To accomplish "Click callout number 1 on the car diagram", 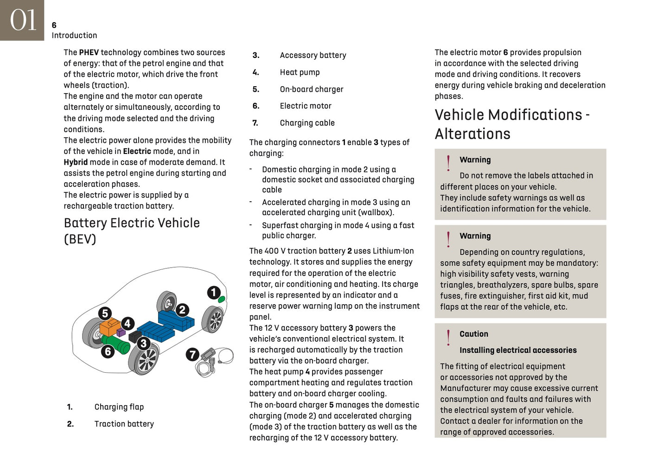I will click(x=213, y=293).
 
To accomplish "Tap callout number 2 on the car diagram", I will click(x=182, y=310).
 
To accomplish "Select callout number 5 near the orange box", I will click(x=105, y=313).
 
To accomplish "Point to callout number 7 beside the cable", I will click(x=192, y=355).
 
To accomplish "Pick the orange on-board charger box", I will click(x=109, y=327).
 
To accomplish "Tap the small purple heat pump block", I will click(x=121, y=332).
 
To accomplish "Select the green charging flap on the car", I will click(x=222, y=300).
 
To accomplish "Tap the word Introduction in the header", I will click(x=74, y=36).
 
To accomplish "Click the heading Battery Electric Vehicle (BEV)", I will click(x=132, y=230).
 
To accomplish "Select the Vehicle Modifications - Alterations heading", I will click(x=511, y=124).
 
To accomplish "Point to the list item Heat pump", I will click(x=300, y=72).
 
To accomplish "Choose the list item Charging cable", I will click(x=307, y=123).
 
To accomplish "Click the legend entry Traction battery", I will click(x=124, y=424).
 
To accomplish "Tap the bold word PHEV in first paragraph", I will click(x=89, y=52).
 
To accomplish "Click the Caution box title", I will click(x=473, y=334).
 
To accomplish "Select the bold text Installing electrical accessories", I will click(x=517, y=350).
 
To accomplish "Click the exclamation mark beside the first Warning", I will click(x=448, y=163).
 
